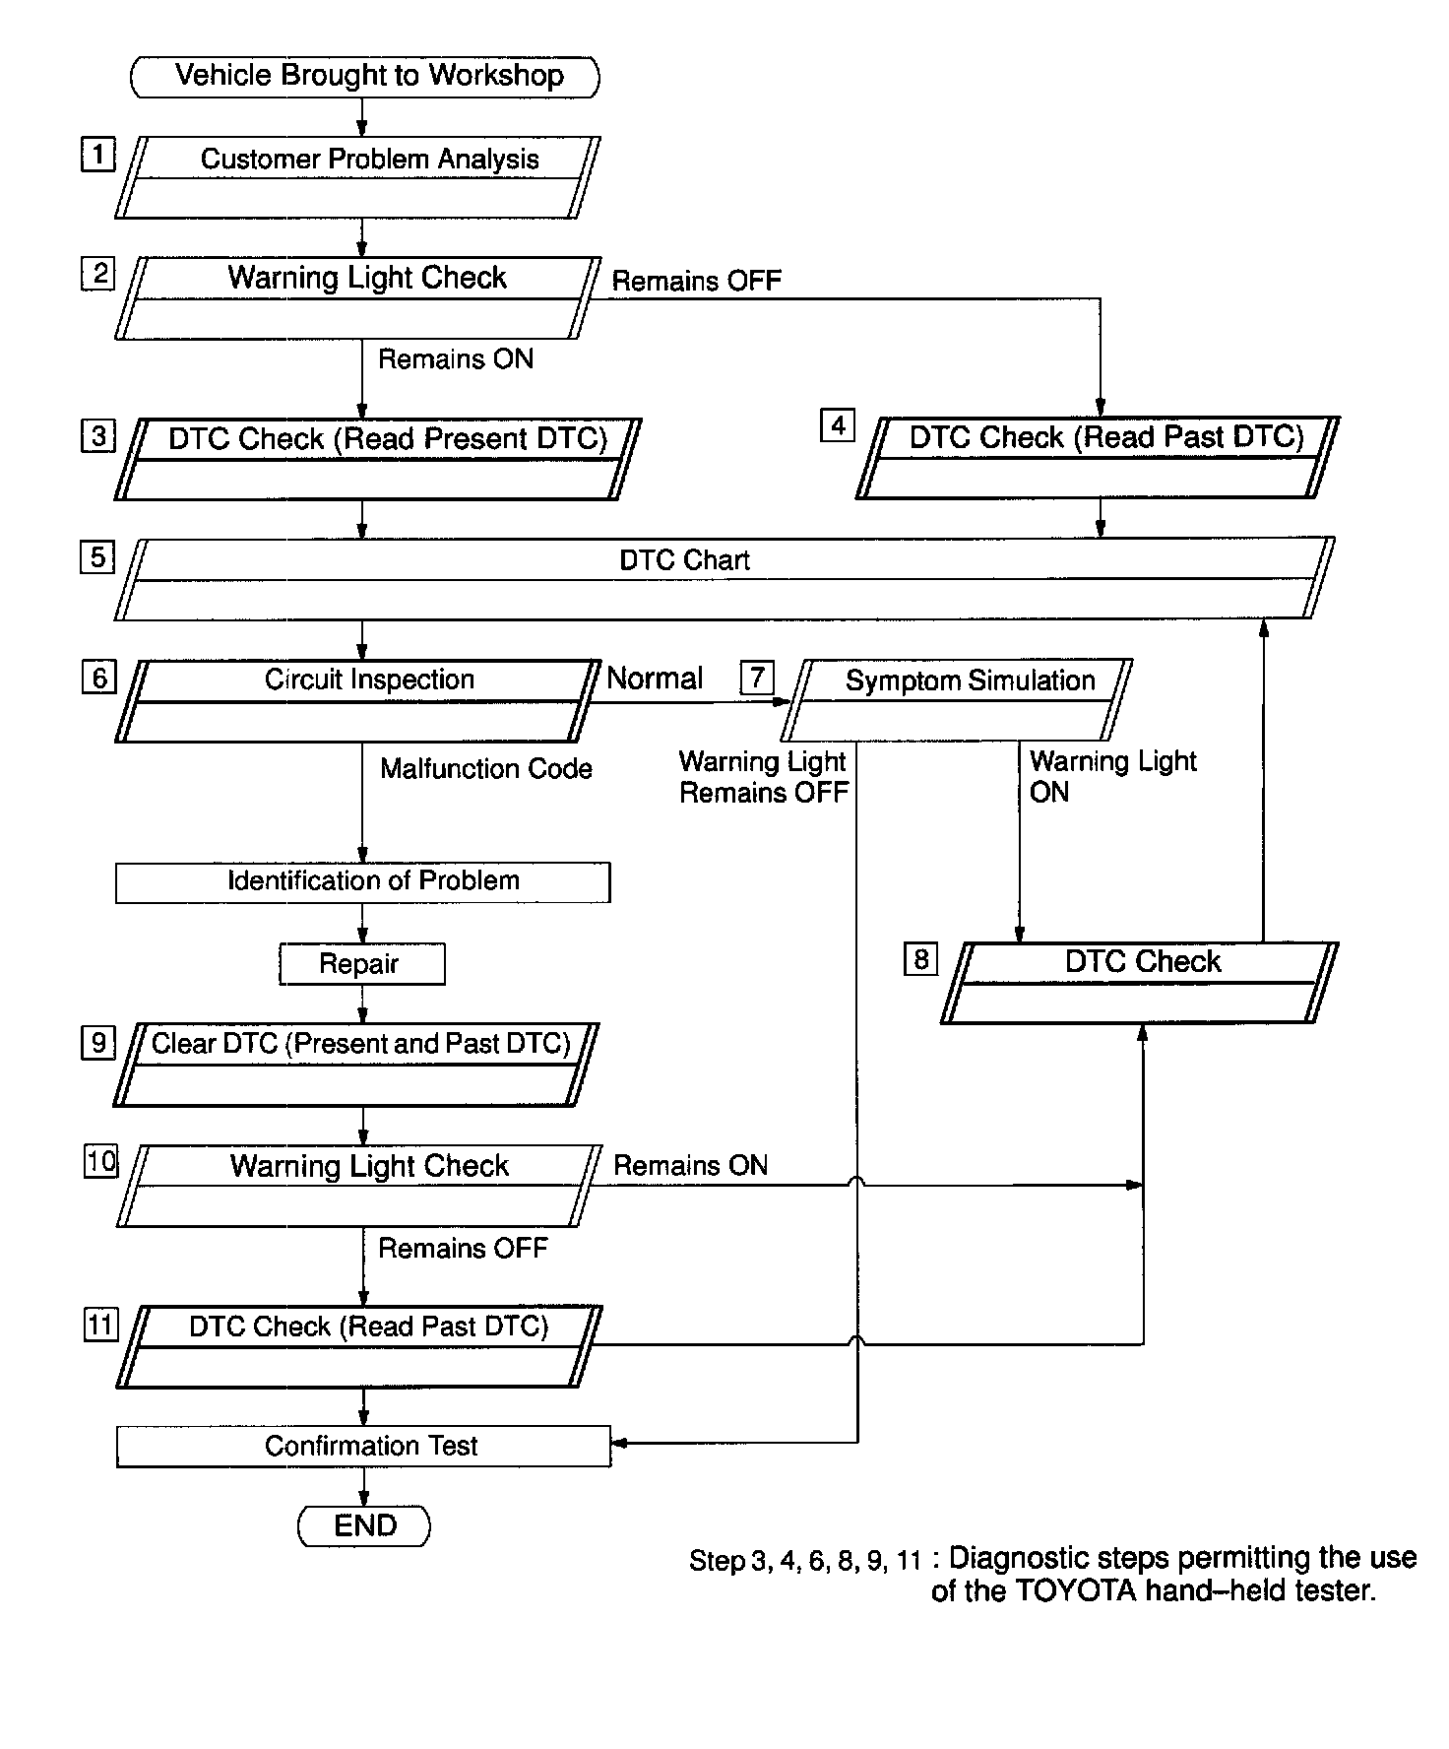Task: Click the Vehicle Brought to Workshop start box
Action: (x=364, y=76)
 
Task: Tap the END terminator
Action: (x=364, y=1525)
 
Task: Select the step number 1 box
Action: (x=97, y=155)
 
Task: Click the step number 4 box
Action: (x=838, y=425)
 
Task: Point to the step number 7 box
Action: (x=757, y=678)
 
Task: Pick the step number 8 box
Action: (x=920, y=959)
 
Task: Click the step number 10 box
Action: (x=100, y=1162)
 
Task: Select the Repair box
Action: (x=361, y=964)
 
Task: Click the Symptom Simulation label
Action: (x=970, y=680)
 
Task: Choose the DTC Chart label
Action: (x=684, y=560)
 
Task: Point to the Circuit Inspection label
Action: (x=369, y=680)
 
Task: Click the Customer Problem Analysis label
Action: (x=369, y=160)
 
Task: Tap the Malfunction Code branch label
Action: (x=486, y=769)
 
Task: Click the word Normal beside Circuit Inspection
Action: (x=655, y=679)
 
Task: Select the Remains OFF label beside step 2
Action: (x=696, y=281)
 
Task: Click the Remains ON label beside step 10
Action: (x=690, y=1166)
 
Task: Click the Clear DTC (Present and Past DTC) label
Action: (x=360, y=1044)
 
